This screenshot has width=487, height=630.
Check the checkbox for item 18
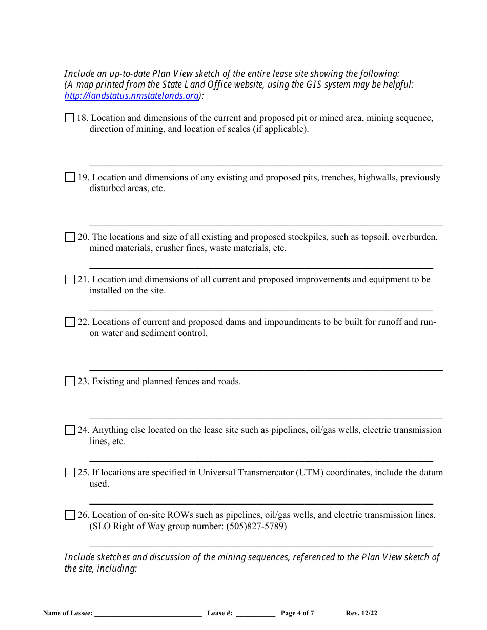click(70, 118)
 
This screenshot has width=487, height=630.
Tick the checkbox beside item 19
click(70, 178)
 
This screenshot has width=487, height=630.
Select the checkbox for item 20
click(70, 237)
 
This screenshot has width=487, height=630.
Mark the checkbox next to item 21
click(70, 280)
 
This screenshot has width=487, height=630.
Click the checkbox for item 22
click(70, 322)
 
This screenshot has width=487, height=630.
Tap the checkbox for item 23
click(70, 382)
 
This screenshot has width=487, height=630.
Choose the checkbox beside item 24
click(70, 430)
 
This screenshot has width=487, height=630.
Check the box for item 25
click(70, 473)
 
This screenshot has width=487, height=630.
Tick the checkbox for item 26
click(70, 515)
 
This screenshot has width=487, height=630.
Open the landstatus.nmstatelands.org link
click(132, 96)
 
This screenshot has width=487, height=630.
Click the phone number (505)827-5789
click(256, 527)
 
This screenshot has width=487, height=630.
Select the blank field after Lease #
click(255, 614)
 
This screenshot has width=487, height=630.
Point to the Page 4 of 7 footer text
click(297, 613)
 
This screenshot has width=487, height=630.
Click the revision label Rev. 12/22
click(361, 613)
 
